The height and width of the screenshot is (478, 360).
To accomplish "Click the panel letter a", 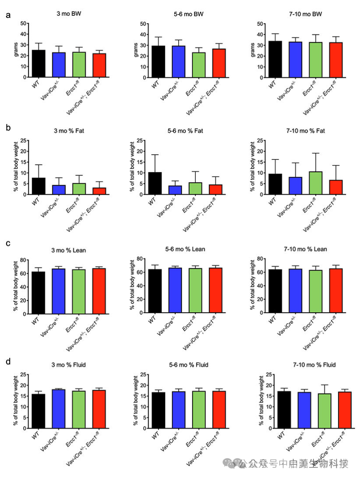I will point(8,16).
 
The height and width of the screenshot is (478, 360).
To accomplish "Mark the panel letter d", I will point(8,363).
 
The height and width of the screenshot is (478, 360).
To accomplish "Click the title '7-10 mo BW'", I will point(306,14).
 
